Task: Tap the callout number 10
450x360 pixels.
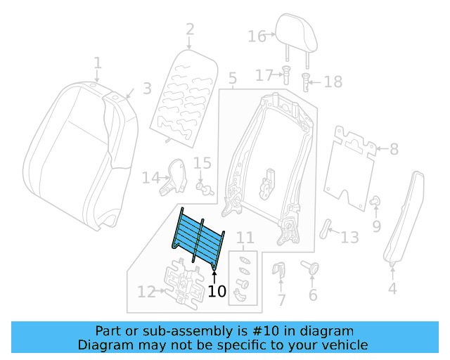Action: pyautogui.click(x=217, y=291)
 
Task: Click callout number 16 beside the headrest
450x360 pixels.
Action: pyautogui.click(x=257, y=36)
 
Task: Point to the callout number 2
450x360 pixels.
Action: pyautogui.click(x=190, y=30)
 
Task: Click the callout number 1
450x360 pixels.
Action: pyautogui.click(x=98, y=63)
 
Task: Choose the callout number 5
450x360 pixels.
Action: pyautogui.click(x=233, y=78)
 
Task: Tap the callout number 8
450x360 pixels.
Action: pyautogui.click(x=393, y=149)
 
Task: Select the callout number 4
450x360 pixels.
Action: pyautogui.click(x=392, y=288)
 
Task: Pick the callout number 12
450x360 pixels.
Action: pyautogui.click(x=146, y=291)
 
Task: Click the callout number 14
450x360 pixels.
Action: pyautogui.click(x=150, y=178)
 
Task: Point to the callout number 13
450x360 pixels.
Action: pyautogui.click(x=349, y=238)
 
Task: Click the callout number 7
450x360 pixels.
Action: pyautogui.click(x=281, y=301)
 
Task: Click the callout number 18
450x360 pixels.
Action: pyautogui.click(x=333, y=82)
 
